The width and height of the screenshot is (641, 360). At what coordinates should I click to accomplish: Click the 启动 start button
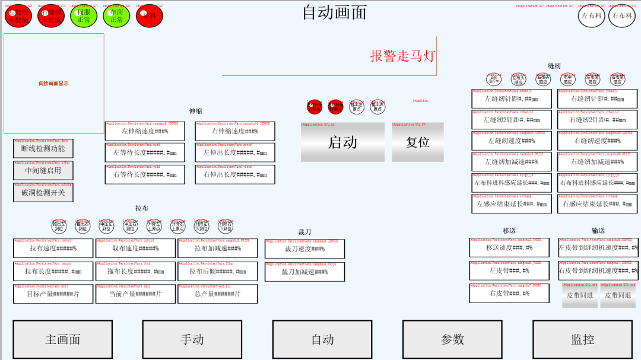(342, 142)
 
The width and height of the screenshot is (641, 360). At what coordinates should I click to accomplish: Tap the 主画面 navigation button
(62, 339)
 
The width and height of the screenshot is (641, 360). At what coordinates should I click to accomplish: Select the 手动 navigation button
(192, 339)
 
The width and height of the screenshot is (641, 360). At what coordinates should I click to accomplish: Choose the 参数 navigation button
(452, 339)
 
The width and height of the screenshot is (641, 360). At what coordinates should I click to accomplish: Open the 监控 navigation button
(582, 339)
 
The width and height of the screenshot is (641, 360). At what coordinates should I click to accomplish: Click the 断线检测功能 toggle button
(43, 149)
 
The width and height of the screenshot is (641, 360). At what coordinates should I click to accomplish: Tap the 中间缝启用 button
(43, 171)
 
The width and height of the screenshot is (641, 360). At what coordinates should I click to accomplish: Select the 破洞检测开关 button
(43, 193)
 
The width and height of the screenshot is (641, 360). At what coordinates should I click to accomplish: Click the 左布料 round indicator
(592, 16)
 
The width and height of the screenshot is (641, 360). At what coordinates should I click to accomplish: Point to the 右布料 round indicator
(622, 16)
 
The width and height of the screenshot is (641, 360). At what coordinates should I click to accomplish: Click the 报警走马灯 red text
(403, 56)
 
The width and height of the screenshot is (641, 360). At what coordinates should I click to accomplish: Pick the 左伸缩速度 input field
(145, 132)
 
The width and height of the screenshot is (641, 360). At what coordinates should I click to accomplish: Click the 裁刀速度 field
(304, 249)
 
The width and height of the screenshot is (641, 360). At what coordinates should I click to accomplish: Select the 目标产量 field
(53, 294)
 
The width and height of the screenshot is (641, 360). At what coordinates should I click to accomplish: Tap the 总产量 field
(218, 294)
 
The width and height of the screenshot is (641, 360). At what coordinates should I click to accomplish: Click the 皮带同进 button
(580, 295)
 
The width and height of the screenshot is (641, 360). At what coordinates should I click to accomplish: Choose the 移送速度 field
(509, 248)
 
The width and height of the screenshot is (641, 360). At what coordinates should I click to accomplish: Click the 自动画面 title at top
(334, 12)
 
